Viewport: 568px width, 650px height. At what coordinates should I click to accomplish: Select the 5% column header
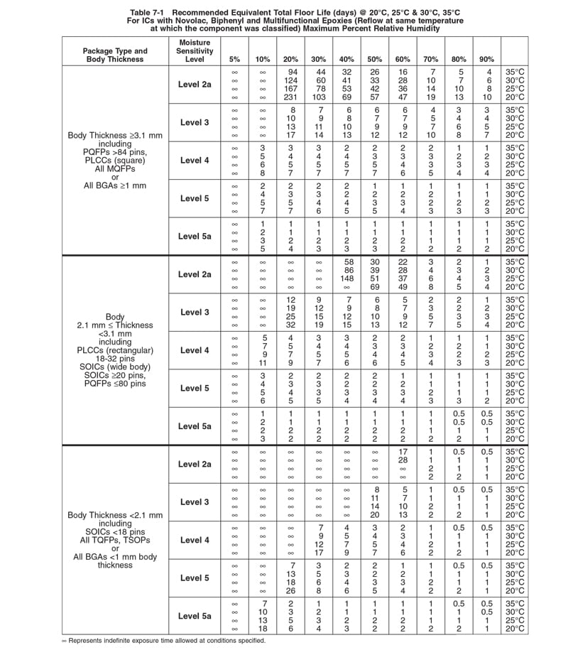click(x=234, y=59)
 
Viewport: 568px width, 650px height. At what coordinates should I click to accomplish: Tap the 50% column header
click(x=375, y=59)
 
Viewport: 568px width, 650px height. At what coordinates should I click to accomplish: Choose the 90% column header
click(x=486, y=59)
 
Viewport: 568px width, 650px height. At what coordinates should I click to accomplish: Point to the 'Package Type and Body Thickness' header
click(x=115, y=55)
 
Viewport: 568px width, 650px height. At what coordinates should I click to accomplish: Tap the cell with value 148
click(x=347, y=278)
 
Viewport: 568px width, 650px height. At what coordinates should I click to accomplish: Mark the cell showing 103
click(x=319, y=97)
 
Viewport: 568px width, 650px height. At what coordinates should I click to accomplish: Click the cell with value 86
click(x=347, y=271)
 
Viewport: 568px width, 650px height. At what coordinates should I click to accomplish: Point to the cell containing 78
click(x=319, y=89)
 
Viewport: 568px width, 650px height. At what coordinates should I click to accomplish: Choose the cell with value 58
click(x=347, y=262)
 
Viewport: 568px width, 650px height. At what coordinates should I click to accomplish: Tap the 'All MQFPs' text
click(x=115, y=169)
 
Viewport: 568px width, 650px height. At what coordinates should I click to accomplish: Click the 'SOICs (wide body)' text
click(x=115, y=367)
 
